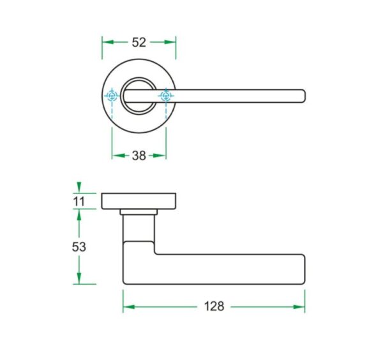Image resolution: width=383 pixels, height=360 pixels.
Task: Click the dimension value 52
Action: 139,42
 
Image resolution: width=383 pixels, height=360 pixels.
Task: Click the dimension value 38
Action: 139,156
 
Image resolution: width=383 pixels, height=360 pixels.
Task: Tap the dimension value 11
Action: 79,202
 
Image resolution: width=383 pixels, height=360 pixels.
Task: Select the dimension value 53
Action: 79,247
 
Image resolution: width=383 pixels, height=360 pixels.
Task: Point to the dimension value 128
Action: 214,306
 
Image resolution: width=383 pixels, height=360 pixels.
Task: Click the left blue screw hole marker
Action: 112,96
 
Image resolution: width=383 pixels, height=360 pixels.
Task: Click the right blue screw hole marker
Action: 166,96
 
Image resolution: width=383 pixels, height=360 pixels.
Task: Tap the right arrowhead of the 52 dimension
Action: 170,42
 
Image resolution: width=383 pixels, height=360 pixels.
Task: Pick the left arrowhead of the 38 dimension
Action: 118,156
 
